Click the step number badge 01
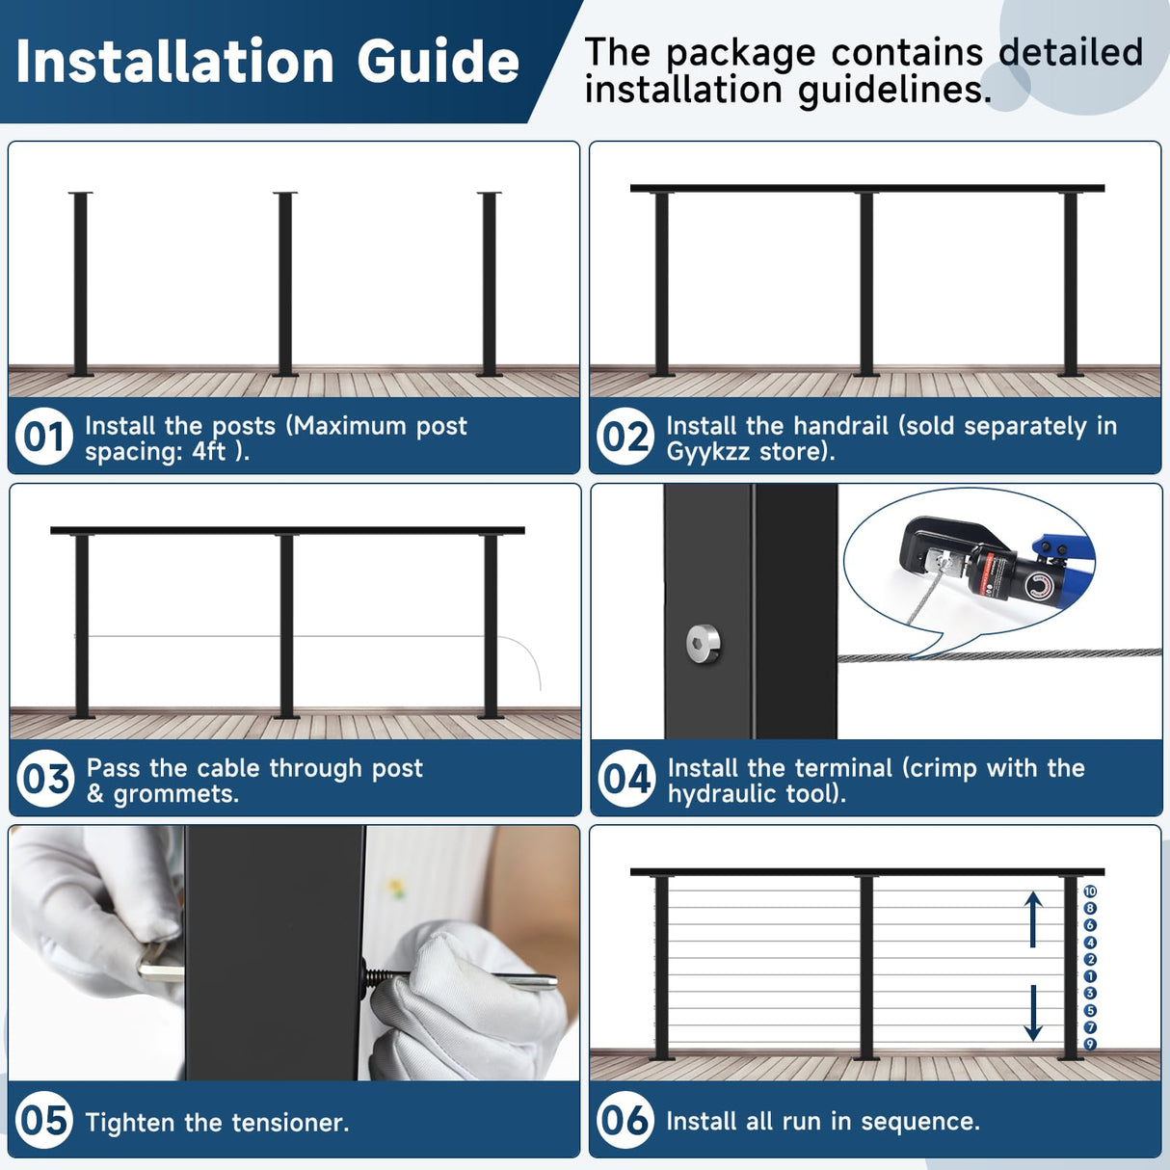point(44,437)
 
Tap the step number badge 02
point(625,437)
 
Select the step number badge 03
point(45,779)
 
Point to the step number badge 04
point(626,779)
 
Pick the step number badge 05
point(44,1121)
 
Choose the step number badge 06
point(625,1121)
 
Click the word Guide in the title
point(439,63)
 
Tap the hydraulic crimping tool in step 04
point(993,569)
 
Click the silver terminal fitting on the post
point(704,643)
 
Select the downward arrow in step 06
point(1033,1013)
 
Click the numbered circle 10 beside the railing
point(1090,891)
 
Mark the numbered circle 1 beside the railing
point(1090,976)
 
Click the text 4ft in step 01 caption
point(208,452)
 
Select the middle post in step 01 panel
point(284,284)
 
